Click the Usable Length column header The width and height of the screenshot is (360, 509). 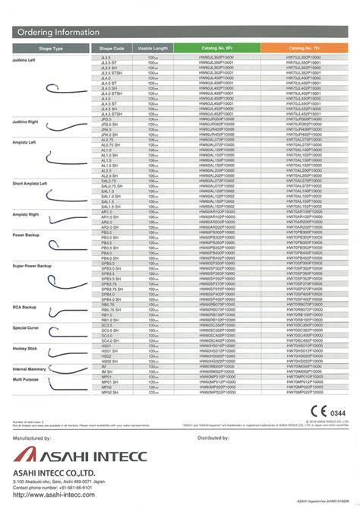coord(153,49)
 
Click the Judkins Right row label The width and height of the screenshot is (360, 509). coord(27,122)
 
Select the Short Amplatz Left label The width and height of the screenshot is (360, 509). coord(30,184)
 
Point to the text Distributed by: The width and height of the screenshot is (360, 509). coord(213,438)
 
